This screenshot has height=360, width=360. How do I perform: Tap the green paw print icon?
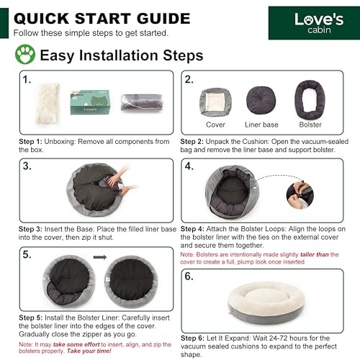(x=25, y=54)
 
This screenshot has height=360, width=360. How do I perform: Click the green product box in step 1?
(x=90, y=102)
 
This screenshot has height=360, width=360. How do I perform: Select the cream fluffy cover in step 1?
(x=48, y=103)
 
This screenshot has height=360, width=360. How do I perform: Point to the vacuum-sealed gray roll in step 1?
(x=142, y=102)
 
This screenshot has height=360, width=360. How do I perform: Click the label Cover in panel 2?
(x=215, y=125)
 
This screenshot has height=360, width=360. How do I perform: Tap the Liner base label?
(x=261, y=125)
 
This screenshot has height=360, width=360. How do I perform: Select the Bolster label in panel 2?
(x=310, y=125)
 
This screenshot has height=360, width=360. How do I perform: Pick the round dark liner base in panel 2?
(x=261, y=100)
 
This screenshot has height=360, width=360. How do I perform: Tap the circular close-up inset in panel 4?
(x=300, y=194)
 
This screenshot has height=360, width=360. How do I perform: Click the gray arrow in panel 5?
(x=100, y=257)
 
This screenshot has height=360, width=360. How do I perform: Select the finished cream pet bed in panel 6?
(x=266, y=303)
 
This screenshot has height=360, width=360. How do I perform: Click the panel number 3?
(x=27, y=166)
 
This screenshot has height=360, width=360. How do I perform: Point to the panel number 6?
(x=189, y=276)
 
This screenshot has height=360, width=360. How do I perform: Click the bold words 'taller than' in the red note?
(x=315, y=254)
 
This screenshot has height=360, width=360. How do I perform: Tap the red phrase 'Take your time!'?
(x=89, y=351)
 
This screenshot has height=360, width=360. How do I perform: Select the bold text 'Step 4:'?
(x=192, y=229)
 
